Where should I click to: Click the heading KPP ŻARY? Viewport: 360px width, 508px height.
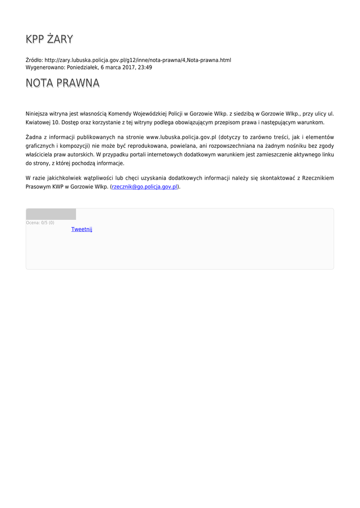49,39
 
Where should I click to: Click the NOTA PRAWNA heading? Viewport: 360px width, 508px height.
63,83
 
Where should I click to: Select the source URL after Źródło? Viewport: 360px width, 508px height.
138,60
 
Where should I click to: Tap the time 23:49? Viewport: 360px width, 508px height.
145,67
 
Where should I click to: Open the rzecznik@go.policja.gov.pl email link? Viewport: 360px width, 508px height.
144,187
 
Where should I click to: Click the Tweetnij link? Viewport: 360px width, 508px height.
82,229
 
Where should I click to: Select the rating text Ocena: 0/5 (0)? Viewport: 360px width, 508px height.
40,223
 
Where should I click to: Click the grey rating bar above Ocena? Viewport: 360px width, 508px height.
51,214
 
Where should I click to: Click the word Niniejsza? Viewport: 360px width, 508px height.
37,113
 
